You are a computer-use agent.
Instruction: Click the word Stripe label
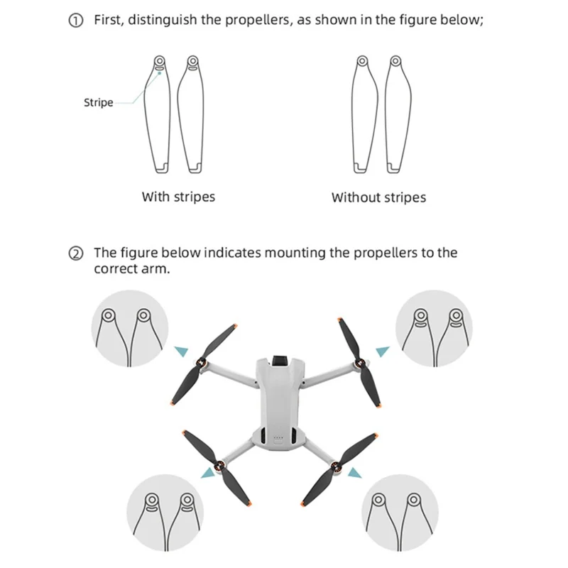99,103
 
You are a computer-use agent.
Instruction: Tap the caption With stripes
177,197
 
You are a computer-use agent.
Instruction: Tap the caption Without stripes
378,197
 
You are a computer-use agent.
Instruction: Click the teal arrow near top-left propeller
182,349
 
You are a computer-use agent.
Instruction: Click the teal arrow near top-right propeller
383,349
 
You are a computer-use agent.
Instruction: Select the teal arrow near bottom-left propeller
207,472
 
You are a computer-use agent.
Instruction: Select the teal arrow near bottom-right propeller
354,471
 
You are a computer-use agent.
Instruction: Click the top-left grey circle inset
130,328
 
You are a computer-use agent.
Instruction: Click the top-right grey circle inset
432,328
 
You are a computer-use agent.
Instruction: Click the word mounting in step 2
295,253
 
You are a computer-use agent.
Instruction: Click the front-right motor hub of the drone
360,365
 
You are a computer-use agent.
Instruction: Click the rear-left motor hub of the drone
221,468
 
